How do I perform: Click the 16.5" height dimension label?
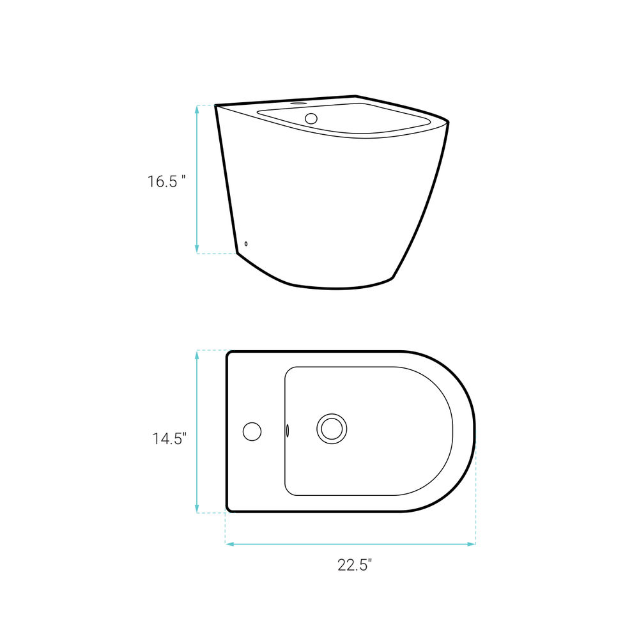point(166,181)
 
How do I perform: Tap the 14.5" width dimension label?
point(169,438)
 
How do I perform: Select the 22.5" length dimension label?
point(355,566)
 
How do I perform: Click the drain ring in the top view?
point(332,429)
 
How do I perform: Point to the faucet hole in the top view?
point(252,431)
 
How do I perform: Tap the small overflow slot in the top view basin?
point(288,430)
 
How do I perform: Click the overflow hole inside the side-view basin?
point(311,118)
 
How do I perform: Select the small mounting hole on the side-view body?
point(246,243)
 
